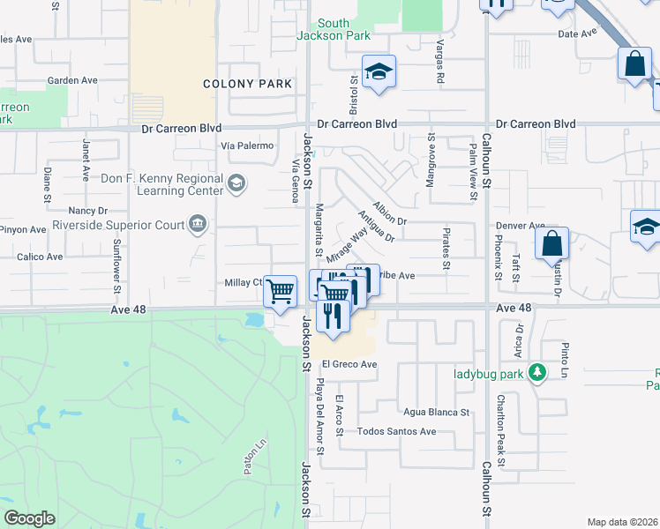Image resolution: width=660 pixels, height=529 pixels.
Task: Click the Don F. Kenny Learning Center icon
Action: [236, 183]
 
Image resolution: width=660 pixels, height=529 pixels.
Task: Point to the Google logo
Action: [29, 518]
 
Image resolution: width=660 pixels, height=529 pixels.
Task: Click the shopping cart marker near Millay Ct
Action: [280, 290]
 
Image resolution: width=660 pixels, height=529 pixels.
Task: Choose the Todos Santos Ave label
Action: [396, 432]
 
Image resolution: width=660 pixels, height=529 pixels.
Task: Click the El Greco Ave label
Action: [349, 364]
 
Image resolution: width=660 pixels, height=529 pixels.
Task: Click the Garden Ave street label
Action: [72, 80]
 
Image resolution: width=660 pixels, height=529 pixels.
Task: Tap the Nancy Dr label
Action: [87, 211]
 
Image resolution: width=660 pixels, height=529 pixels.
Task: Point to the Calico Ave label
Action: [40, 257]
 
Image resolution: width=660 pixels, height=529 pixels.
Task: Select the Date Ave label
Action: [578, 34]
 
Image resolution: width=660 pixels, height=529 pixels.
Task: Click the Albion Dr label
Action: [389, 212]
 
